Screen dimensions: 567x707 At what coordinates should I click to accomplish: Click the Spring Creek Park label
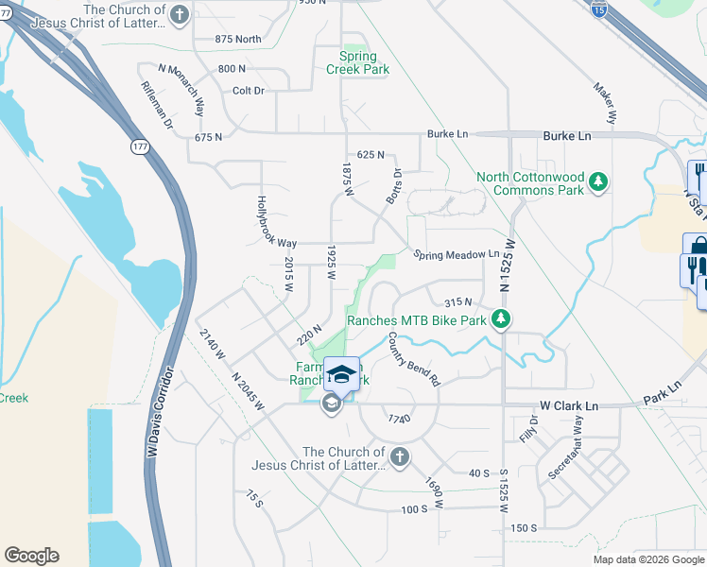pyautogui.click(x=357, y=62)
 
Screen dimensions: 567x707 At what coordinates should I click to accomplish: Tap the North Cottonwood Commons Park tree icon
pyautogui.click(x=597, y=180)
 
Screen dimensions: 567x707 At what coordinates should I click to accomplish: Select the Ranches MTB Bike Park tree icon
pyautogui.click(x=504, y=320)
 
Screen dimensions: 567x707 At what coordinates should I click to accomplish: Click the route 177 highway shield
pyautogui.click(x=140, y=147)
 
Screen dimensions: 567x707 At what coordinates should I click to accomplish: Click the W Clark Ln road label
pyautogui.click(x=569, y=405)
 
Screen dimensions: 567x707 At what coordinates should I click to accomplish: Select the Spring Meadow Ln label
pyautogui.click(x=456, y=254)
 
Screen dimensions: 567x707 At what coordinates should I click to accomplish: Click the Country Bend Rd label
pyautogui.click(x=414, y=358)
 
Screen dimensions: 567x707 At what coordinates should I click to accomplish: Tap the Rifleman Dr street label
pyautogui.click(x=158, y=103)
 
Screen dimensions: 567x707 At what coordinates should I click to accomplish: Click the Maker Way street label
pyautogui.click(x=604, y=103)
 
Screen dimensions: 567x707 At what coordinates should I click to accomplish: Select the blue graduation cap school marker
pyautogui.click(x=341, y=372)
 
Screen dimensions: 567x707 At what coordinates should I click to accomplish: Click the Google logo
pyautogui.click(x=31, y=556)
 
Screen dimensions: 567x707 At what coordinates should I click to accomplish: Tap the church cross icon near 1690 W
pyautogui.click(x=399, y=457)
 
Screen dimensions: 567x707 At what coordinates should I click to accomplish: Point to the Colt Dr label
pyautogui.click(x=247, y=91)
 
